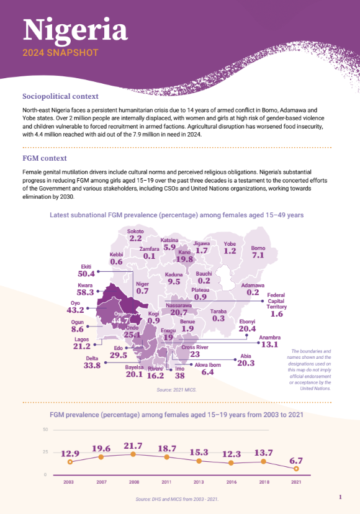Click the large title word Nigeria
pyautogui.click(x=75, y=29)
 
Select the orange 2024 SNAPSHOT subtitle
pyautogui.click(x=60, y=53)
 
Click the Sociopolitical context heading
pyautogui.click(x=60, y=96)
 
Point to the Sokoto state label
pyautogui.click(x=135, y=232)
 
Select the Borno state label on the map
pyautogui.click(x=258, y=248)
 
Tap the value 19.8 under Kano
pyautogui.click(x=184, y=260)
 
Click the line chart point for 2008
pyautogui.click(x=135, y=454)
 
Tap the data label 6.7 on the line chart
pyautogui.click(x=296, y=461)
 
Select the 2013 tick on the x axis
pyautogui.click(x=199, y=482)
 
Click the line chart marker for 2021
pyautogui.click(x=296, y=468)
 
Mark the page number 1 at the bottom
pyautogui.click(x=340, y=497)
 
